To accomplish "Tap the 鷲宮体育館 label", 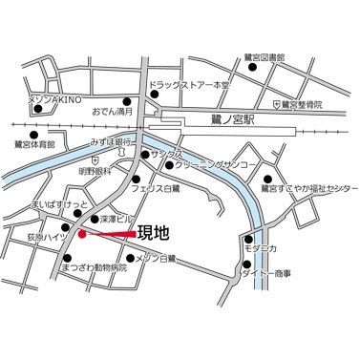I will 34,143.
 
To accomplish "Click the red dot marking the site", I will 82,232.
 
